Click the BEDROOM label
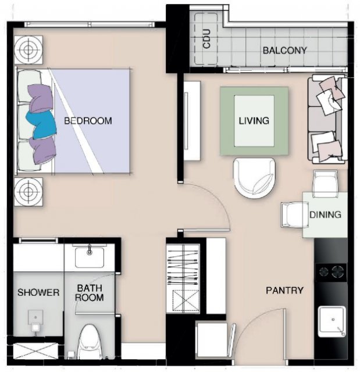[x=88, y=121]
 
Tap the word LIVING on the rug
[x=254, y=121]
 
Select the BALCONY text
[x=285, y=51]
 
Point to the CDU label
[x=206, y=39]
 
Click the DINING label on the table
[x=325, y=214]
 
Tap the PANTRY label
[x=284, y=291]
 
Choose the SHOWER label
[x=38, y=292]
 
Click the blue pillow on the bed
[x=41, y=125]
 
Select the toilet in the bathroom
[x=90, y=342]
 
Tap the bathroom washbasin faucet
[x=90, y=249]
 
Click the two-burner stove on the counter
[x=331, y=272]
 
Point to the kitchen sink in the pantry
[x=332, y=321]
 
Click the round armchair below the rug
[x=254, y=178]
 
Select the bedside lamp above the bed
[x=28, y=50]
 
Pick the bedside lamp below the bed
[x=28, y=191]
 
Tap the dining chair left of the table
[x=292, y=215]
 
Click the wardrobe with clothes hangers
[x=183, y=278]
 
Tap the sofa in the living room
[x=327, y=119]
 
